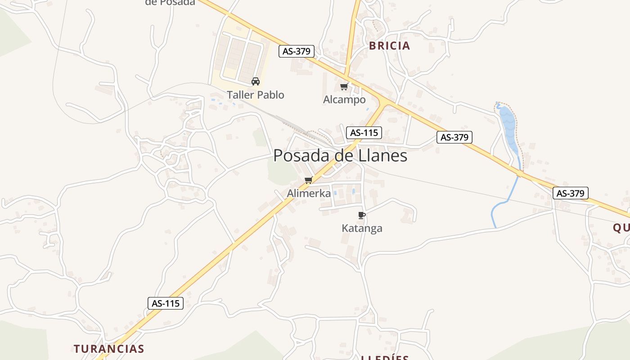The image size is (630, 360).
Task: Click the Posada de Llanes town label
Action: pos(340,156)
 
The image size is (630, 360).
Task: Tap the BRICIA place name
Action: pos(390,45)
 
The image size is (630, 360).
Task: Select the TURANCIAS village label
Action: pos(109,349)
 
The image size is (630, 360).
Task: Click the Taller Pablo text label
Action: pos(256,95)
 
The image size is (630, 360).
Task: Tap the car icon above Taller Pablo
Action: pos(256,81)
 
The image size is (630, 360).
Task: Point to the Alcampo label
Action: pos(344,99)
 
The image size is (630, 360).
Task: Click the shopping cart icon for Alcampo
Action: pos(344,86)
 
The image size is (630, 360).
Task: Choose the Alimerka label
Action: pos(309,193)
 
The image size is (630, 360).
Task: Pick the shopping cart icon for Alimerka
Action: pos(308,180)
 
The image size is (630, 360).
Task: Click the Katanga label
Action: pos(362,228)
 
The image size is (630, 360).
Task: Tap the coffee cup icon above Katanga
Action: pos(361,215)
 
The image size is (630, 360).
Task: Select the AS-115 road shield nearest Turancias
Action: pos(166,303)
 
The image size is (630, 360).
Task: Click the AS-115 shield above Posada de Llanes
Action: pos(364,133)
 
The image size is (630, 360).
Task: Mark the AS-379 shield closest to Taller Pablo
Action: pos(296,51)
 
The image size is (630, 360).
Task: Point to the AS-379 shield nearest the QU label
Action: pos(570,193)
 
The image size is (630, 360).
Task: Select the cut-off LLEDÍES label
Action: pos(385,357)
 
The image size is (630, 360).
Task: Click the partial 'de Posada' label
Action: pos(170,3)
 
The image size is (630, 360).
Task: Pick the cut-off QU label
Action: pos(621,228)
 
